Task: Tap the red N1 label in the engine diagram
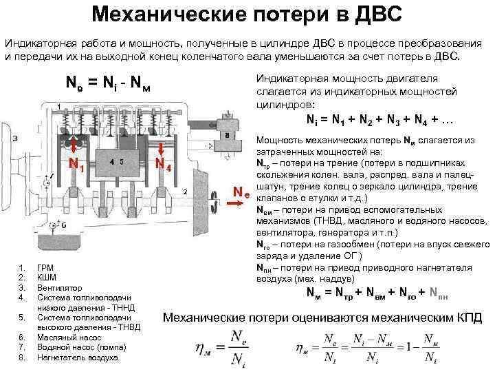pos(76,165)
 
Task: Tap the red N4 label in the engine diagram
pos(162,165)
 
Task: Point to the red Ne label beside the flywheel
pos(240,191)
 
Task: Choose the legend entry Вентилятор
pos(59,287)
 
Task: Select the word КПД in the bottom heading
pos(456,318)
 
